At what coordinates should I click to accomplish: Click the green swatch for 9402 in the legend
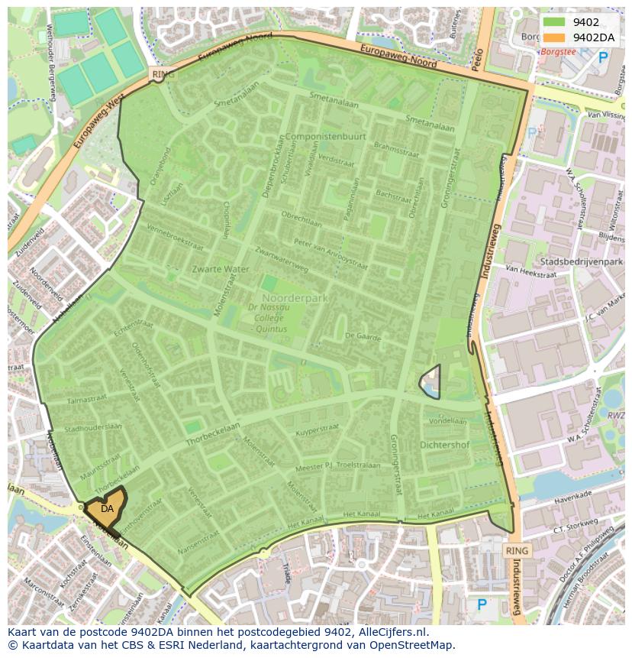pos(554,22)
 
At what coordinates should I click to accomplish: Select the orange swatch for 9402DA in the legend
pos(554,37)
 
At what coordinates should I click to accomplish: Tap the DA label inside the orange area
pos(107,508)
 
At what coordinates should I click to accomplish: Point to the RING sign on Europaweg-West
pos(163,74)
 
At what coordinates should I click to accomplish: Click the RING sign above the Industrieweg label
pos(517,550)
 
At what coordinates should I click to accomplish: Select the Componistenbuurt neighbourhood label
pos(325,136)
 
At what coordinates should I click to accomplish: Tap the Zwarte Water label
pos(221,269)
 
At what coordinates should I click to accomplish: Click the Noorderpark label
pos(295,297)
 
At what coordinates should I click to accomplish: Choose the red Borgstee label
pos(557,52)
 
